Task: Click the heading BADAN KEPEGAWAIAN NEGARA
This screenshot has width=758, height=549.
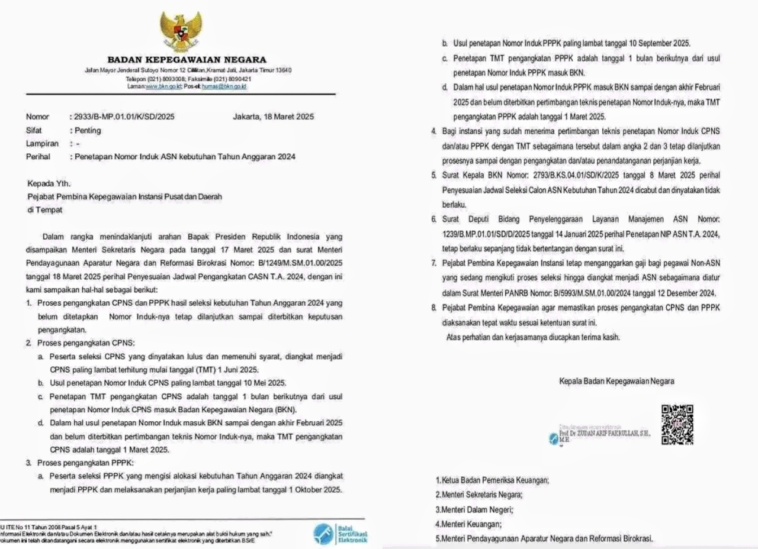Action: (x=187, y=60)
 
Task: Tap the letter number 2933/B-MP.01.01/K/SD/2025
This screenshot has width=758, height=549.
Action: (x=122, y=117)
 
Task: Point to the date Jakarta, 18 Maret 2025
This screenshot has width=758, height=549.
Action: (x=274, y=117)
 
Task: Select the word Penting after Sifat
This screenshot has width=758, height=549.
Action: (x=87, y=130)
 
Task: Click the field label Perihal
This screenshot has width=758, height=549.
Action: (x=38, y=157)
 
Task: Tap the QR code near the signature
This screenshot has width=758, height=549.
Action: (x=677, y=425)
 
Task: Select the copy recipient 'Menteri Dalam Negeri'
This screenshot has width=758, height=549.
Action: (x=475, y=509)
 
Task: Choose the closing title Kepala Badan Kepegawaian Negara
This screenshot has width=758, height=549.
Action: (x=616, y=382)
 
